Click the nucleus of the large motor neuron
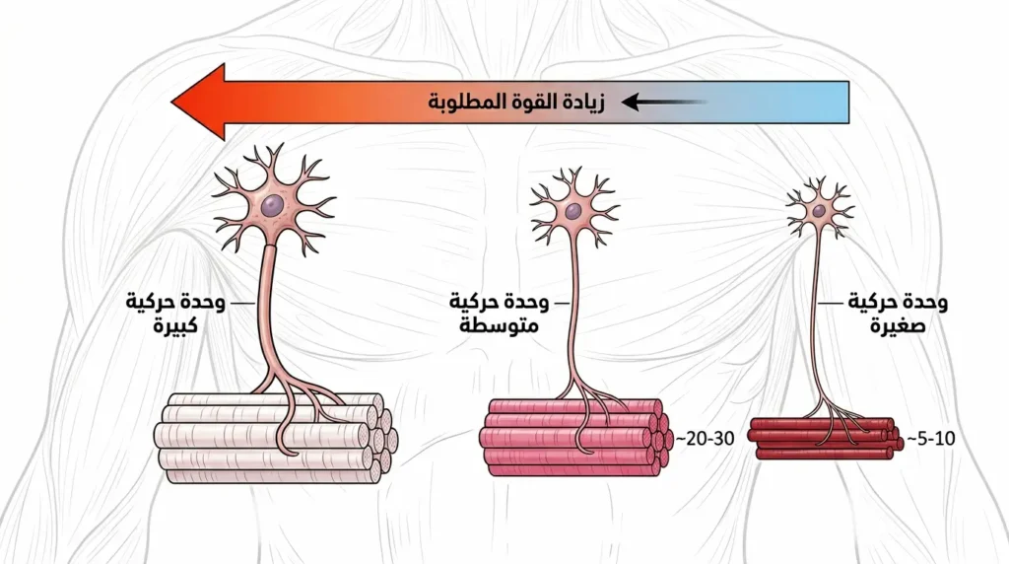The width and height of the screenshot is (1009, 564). [x=272, y=205]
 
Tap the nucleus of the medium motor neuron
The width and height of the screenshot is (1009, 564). [x=572, y=210]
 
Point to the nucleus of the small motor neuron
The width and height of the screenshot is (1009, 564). [x=819, y=211]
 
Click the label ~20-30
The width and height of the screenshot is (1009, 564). [x=705, y=439]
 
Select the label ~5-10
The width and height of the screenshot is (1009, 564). [x=931, y=439]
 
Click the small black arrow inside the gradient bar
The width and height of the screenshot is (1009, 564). [x=664, y=102]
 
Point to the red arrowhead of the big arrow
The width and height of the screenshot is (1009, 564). [x=198, y=102]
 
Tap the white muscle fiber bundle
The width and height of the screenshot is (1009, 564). [x=276, y=439]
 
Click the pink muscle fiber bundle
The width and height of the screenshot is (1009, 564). [x=575, y=437]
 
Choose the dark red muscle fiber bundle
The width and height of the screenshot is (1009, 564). [x=825, y=438]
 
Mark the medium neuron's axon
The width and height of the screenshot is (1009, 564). [x=572, y=309]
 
